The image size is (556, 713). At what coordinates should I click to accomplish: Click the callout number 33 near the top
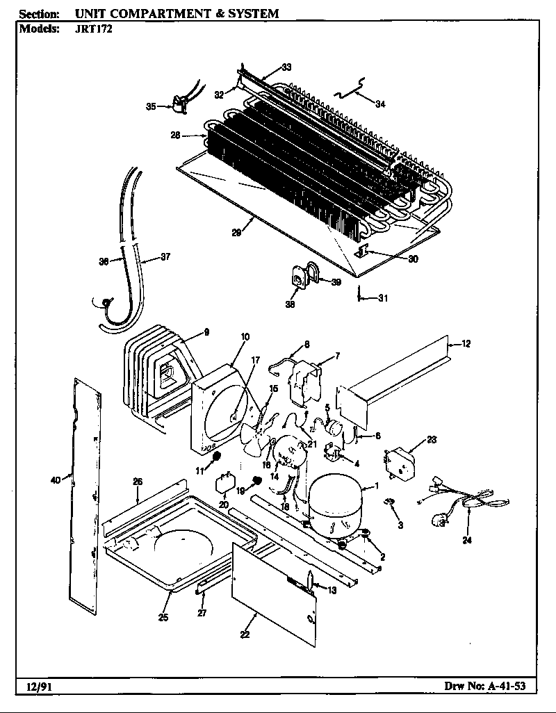286,67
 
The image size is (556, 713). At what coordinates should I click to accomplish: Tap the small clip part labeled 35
180,106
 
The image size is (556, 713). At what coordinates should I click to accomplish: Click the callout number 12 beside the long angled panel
466,343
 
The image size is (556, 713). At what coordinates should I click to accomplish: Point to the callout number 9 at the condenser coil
206,332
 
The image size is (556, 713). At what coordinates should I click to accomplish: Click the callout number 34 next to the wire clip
379,105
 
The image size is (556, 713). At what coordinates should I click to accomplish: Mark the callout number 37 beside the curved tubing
165,257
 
